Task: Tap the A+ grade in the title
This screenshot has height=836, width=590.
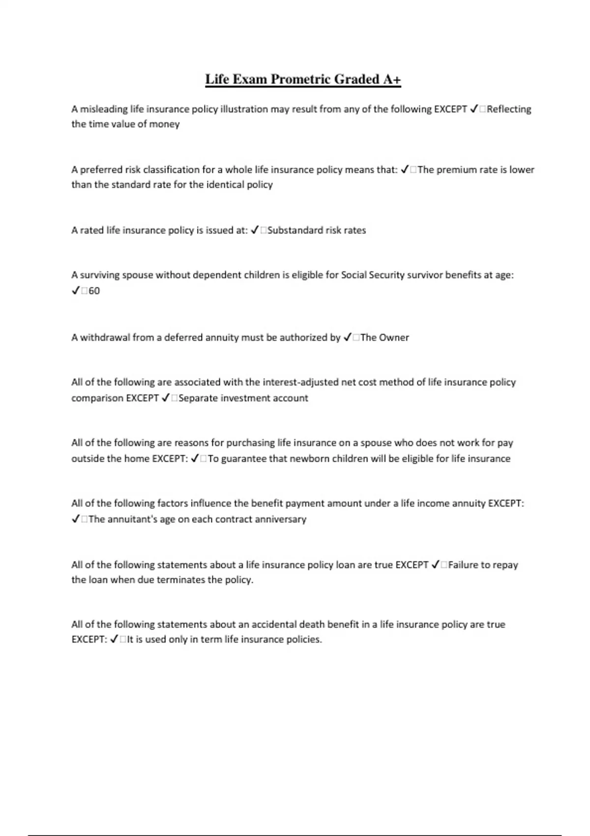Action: pos(392,80)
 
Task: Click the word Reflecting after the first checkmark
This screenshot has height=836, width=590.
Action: pos(509,109)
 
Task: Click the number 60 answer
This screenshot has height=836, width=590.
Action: pos(94,291)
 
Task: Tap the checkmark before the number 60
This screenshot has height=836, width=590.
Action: pos(76,291)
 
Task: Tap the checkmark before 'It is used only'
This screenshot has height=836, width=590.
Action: pos(114,639)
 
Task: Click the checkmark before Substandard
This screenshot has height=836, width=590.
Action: pos(255,230)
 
